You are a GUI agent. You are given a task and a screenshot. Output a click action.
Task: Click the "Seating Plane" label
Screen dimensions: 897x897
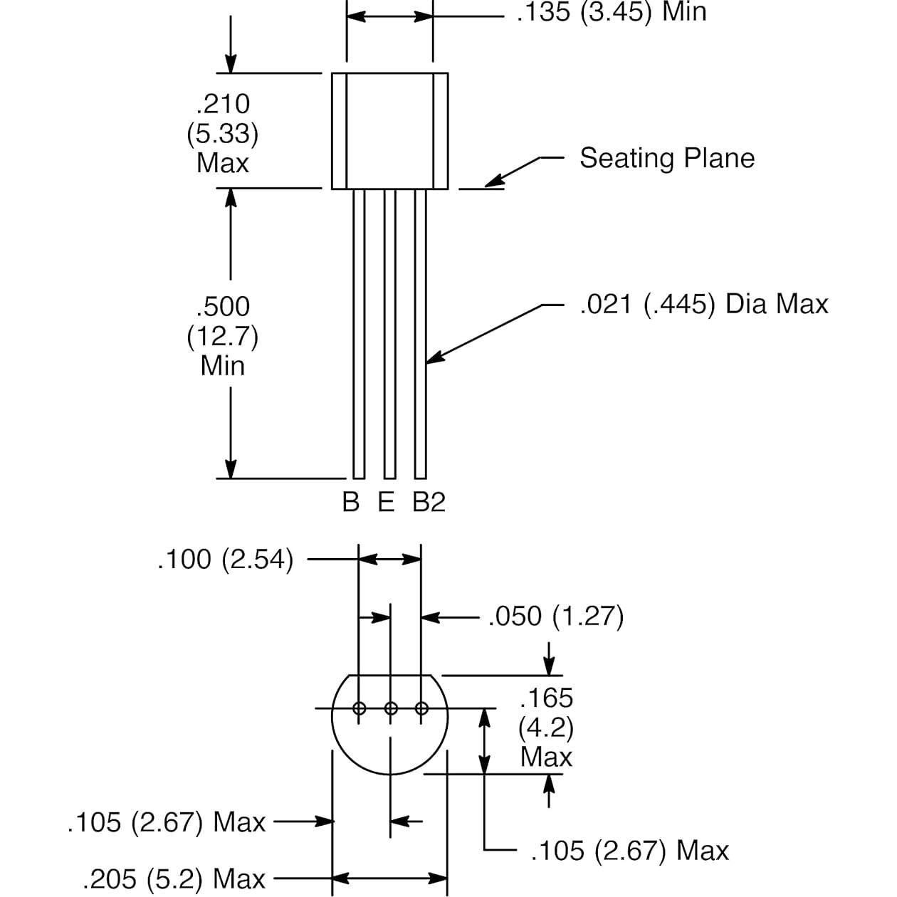[666, 158]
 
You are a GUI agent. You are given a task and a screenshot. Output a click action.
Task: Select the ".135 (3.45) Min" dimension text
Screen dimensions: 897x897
[611, 12]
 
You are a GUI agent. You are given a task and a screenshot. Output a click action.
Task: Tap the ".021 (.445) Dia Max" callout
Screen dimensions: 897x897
[703, 304]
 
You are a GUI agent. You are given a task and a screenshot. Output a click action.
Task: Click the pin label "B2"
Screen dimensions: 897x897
[429, 502]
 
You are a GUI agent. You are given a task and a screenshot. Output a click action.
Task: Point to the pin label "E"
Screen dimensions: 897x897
[386, 502]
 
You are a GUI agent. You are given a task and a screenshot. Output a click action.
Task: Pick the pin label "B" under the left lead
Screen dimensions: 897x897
[350, 502]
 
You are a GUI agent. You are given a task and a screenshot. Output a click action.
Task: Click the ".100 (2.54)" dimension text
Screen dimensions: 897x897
[225, 560]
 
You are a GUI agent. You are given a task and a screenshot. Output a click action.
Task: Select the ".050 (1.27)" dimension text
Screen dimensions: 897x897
[555, 617]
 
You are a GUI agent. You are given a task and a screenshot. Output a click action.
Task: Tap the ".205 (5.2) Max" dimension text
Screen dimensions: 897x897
[174, 879]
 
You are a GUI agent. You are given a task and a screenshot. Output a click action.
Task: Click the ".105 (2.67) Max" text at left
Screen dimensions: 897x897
[167, 822]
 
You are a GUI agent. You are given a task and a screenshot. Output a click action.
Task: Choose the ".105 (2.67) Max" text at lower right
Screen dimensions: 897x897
[630, 850]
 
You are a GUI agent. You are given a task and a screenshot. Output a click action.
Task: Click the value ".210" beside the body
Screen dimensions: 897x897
[224, 104]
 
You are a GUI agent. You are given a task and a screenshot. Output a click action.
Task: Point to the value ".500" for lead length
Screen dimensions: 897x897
[224, 307]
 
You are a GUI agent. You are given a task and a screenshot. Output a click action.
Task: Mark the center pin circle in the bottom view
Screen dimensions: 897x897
[390, 708]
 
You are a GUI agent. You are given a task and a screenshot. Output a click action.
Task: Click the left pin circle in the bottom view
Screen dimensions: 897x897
[359, 708]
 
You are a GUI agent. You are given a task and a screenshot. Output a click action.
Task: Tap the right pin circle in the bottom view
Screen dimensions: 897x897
[421, 708]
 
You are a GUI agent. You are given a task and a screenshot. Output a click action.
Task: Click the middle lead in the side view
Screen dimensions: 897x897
[389, 335]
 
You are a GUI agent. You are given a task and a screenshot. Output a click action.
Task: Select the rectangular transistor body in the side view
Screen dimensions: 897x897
[389, 130]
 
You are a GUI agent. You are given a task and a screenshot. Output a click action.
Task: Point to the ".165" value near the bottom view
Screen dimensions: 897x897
[546, 698]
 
